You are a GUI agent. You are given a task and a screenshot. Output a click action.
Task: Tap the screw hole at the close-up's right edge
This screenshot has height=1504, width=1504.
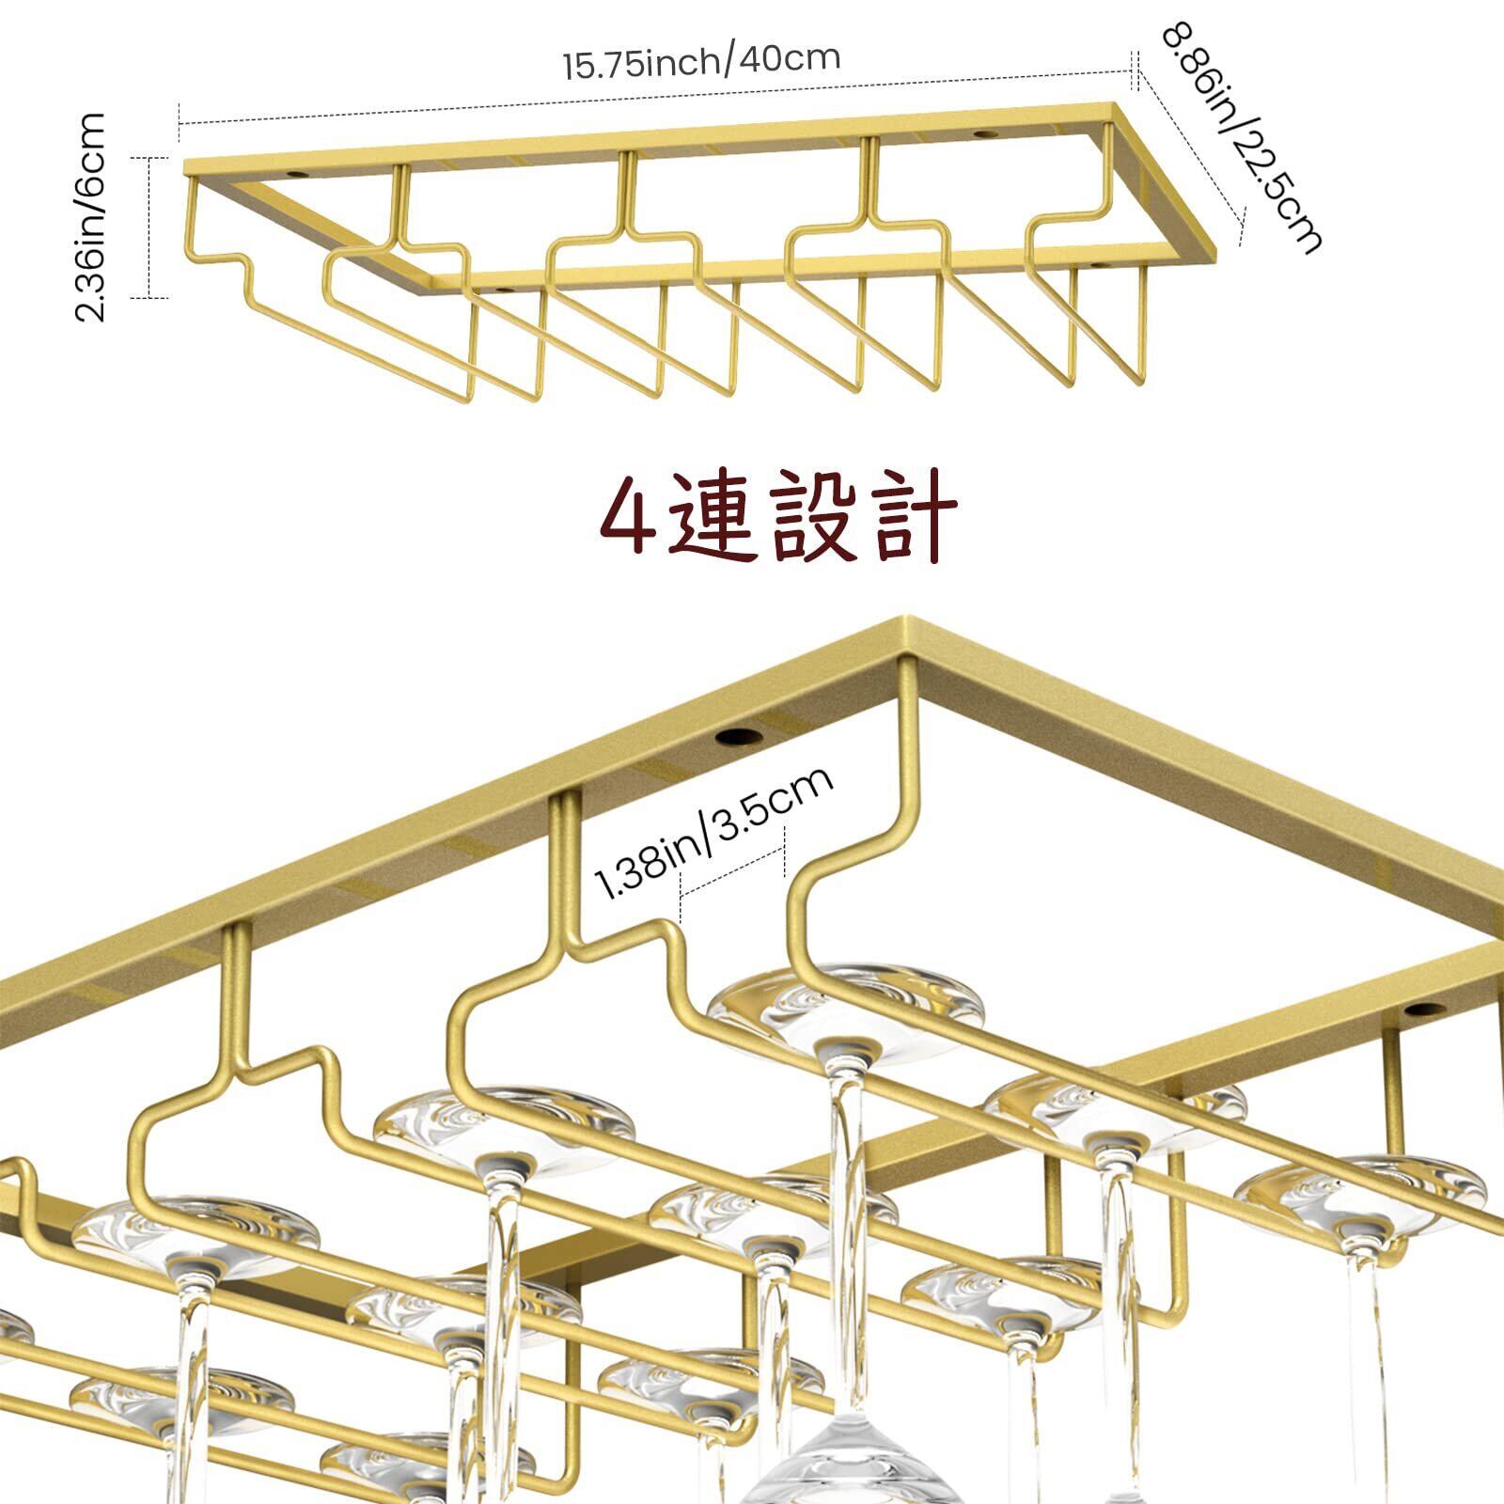point(1422,1011)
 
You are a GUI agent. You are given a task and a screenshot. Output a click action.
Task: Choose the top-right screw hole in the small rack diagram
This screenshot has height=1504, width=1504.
point(984,134)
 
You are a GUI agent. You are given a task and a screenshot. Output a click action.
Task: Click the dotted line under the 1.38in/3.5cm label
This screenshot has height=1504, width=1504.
point(732,874)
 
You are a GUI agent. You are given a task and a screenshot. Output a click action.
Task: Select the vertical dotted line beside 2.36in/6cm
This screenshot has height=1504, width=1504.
point(149,227)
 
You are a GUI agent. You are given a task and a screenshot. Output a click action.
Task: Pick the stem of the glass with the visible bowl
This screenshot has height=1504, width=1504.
point(846,1222)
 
